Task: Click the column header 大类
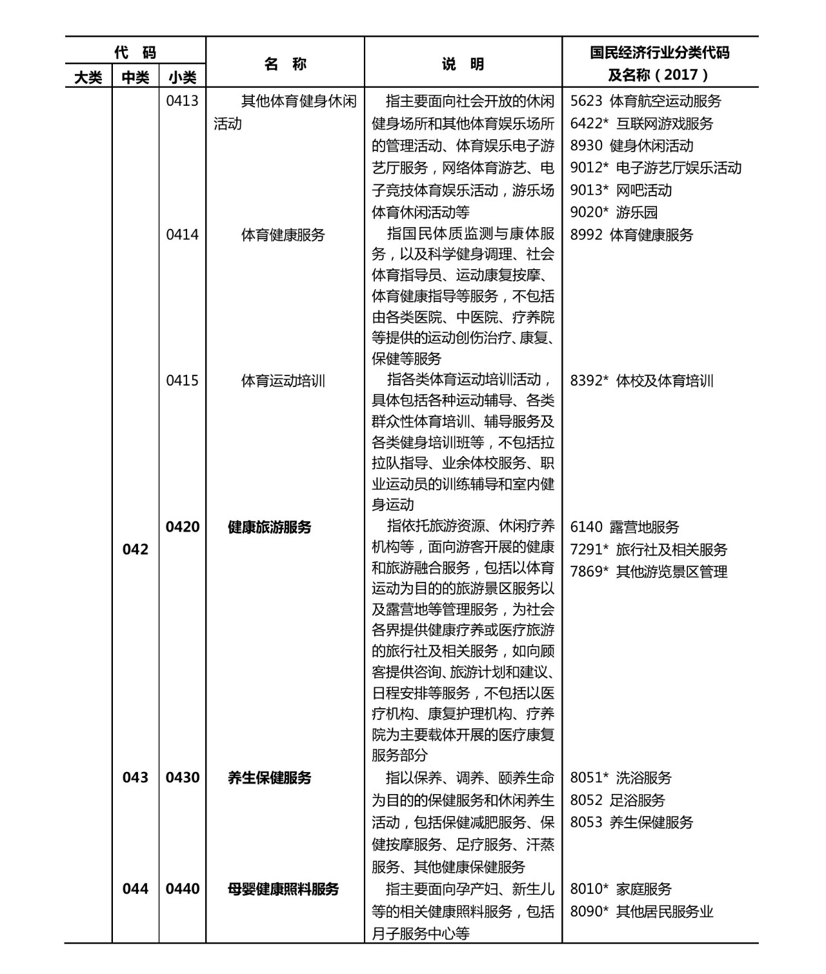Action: [88, 77]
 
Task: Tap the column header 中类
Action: [136, 77]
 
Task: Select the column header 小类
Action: [183, 77]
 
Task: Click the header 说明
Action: [463, 64]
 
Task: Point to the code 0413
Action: [182, 101]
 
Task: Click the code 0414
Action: [182, 235]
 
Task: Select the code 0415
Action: [182, 381]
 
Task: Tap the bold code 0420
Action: [182, 527]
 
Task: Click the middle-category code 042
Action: [135, 550]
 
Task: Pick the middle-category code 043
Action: [135, 777]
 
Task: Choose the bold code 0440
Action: [182, 889]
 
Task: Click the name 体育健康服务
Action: [283, 235]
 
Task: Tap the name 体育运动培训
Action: [283, 381]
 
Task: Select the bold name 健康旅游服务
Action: [269, 527]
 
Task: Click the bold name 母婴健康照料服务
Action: [283, 889]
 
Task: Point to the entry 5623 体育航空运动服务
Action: [645, 101]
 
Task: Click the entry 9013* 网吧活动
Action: [621, 190]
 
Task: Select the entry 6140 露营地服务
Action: [624, 527]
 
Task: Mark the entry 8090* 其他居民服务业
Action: [641, 911]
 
